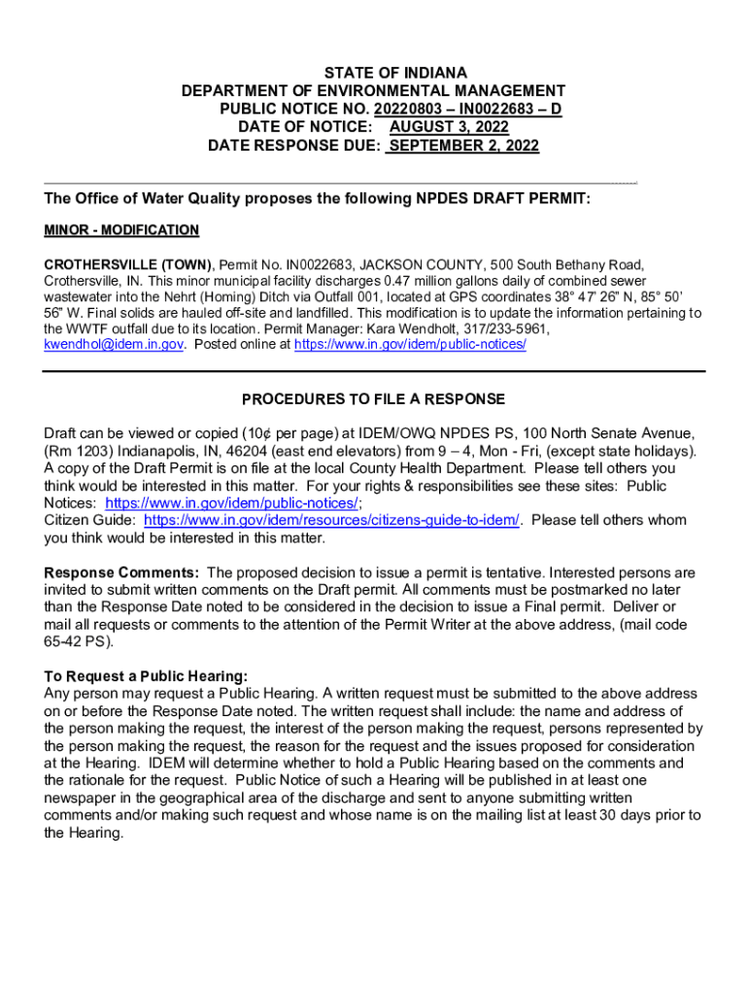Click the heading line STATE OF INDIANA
(x=374, y=73)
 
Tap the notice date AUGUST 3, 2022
(x=449, y=127)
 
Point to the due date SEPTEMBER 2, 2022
(x=463, y=146)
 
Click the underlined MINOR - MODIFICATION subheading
(x=121, y=230)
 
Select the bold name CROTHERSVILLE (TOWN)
(x=130, y=264)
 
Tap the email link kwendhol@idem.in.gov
(x=114, y=345)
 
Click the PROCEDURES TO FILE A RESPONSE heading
(x=374, y=399)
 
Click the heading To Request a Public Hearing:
(x=146, y=676)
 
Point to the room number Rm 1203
(x=82, y=451)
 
